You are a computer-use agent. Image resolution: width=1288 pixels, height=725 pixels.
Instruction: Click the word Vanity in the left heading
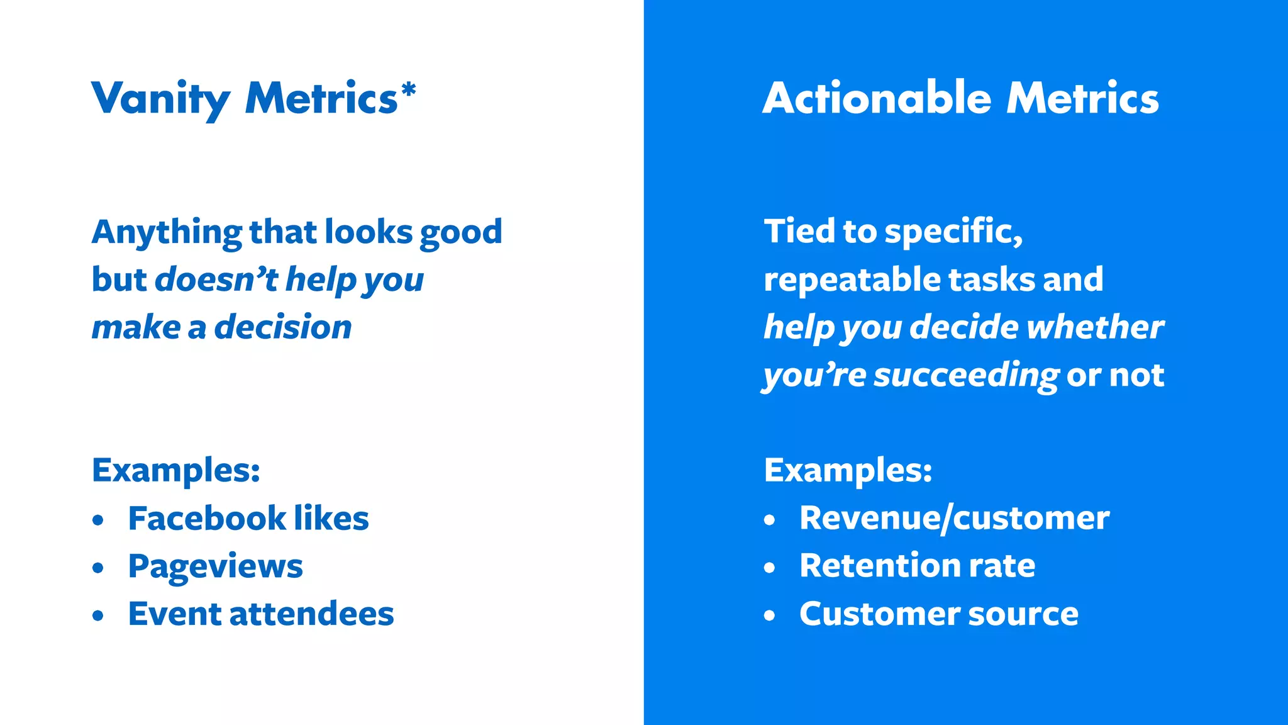pyautogui.click(x=161, y=99)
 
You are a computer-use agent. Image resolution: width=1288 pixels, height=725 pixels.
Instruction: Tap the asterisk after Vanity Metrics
pyautogui.click(x=409, y=91)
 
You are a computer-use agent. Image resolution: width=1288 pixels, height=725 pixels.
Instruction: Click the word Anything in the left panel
pyautogui.click(x=167, y=233)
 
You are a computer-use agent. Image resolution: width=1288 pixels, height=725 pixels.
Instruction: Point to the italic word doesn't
pyautogui.click(x=216, y=279)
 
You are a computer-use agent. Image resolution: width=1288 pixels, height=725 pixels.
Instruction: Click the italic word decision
pyautogui.click(x=282, y=327)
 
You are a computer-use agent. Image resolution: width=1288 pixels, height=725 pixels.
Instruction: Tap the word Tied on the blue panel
pyautogui.click(x=799, y=232)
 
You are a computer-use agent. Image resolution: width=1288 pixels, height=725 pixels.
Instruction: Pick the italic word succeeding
pyautogui.click(x=966, y=376)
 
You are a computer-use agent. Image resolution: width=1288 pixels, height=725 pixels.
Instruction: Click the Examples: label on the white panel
pyautogui.click(x=175, y=470)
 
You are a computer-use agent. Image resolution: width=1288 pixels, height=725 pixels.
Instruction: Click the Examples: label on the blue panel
pyautogui.click(x=848, y=470)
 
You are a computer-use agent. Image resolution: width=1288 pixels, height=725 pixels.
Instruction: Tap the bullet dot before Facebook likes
pyautogui.click(x=97, y=520)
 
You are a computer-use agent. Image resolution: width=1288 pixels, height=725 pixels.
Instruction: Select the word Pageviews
pyautogui.click(x=215, y=566)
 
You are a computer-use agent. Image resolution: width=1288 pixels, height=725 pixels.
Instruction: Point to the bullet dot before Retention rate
pyautogui.click(x=770, y=568)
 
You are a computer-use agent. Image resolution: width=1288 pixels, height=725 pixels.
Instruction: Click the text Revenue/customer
pyautogui.click(x=954, y=519)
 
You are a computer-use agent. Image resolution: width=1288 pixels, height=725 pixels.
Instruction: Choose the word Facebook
pyautogui.click(x=207, y=519)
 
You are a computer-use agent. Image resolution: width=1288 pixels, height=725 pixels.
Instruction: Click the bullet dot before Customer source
pyautogui.click(x=770, y=615)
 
